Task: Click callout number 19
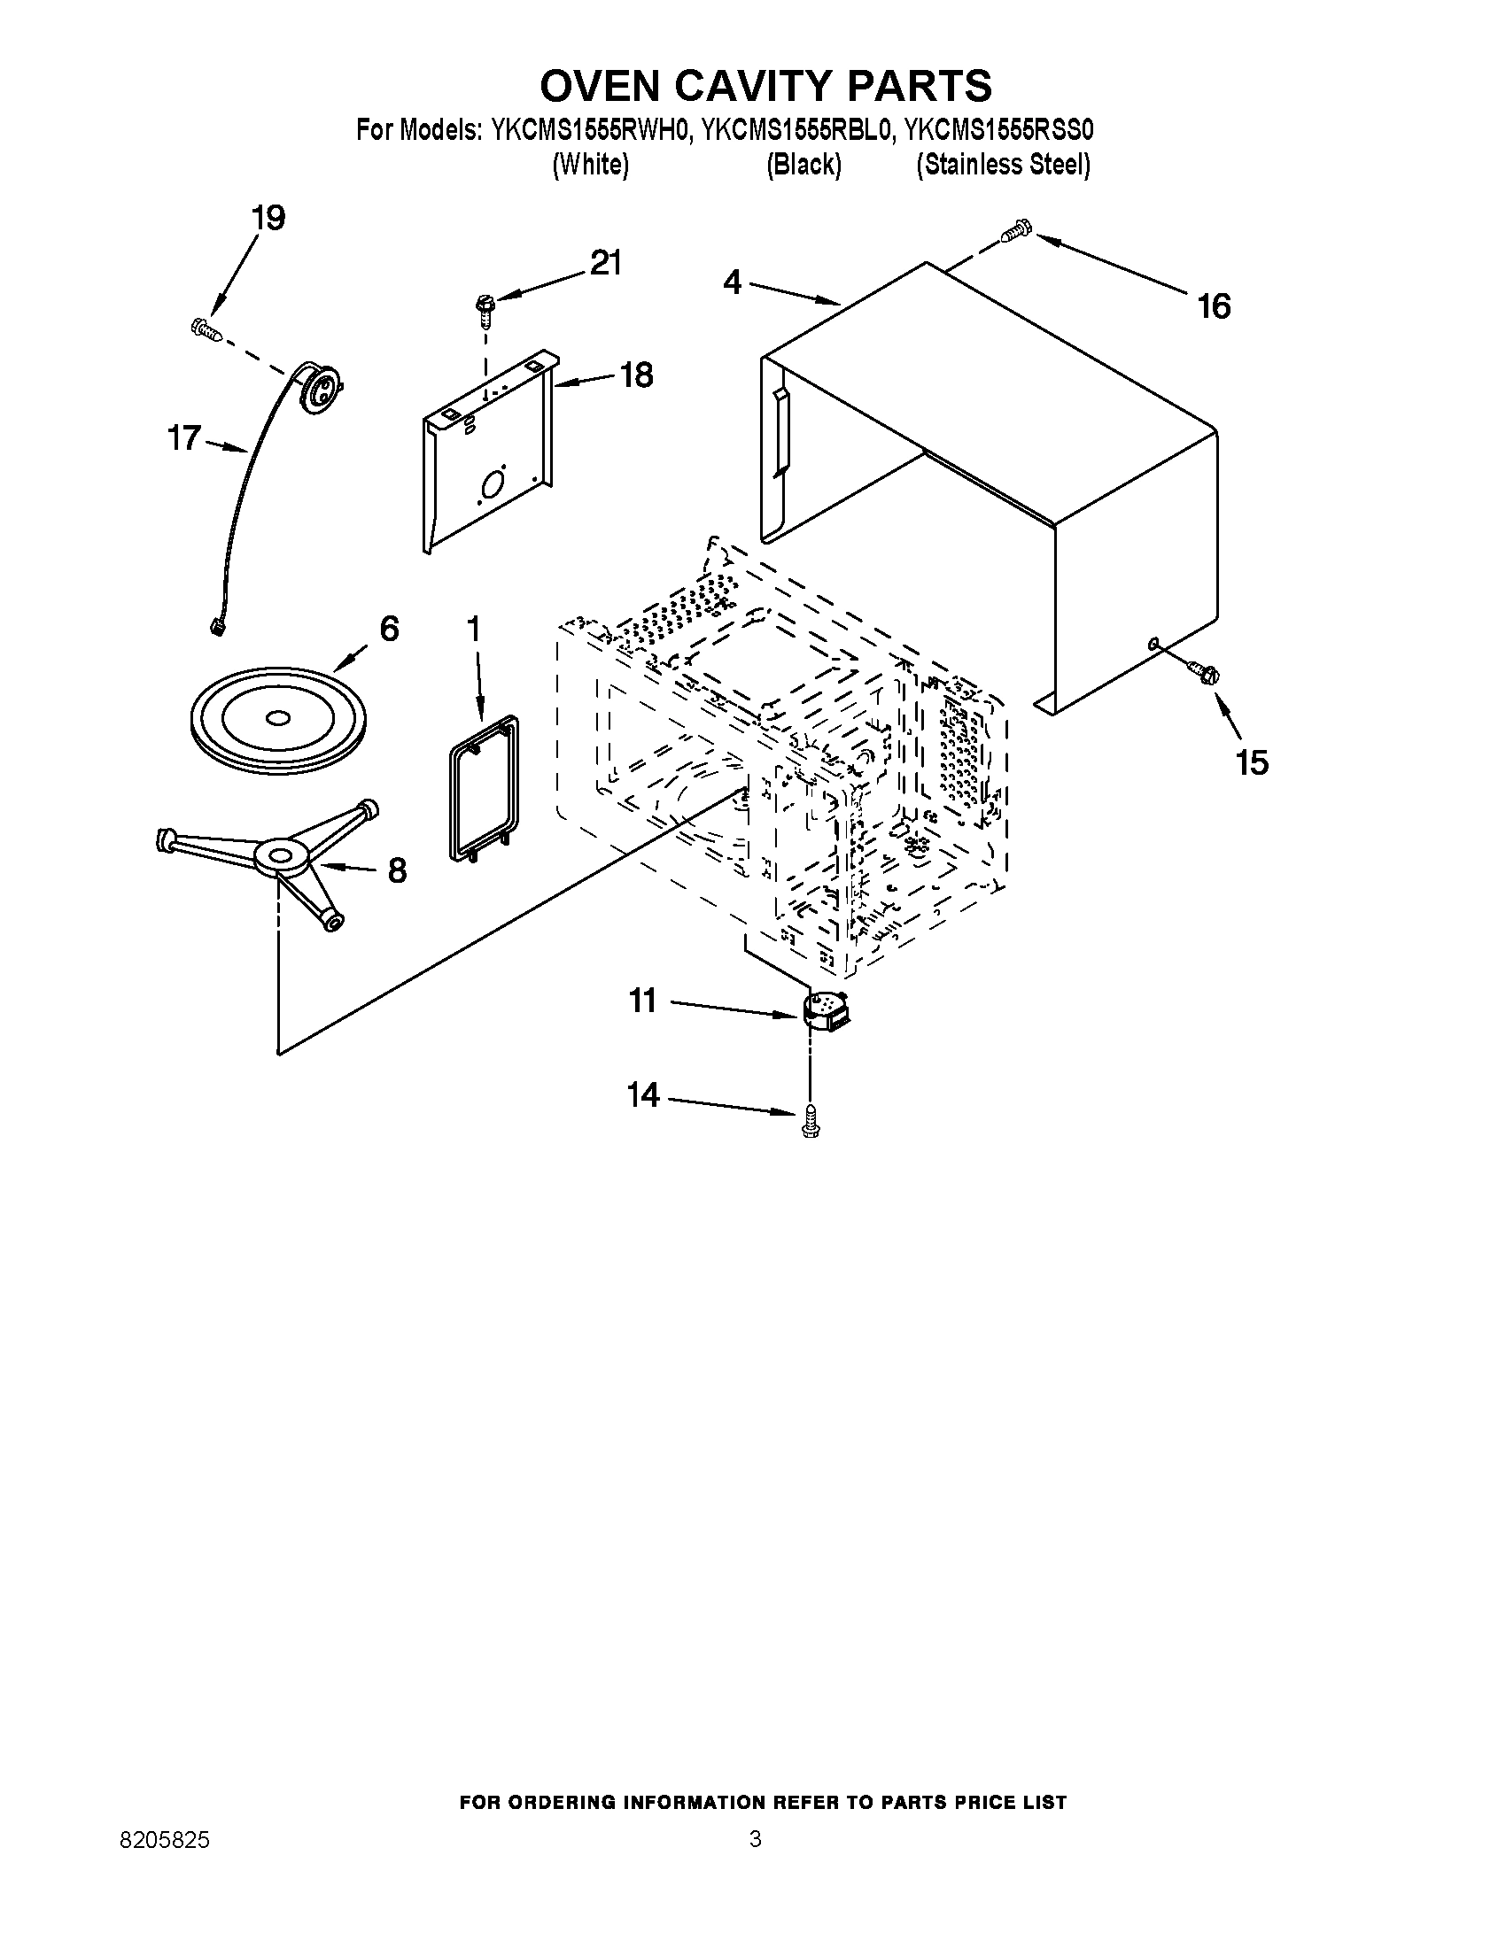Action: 268,218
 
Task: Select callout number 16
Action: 1215,307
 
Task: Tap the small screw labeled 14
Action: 810,1120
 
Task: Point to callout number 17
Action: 184,439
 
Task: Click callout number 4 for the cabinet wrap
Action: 732,282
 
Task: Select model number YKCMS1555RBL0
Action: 796,131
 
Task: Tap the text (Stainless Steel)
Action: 1003,165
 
